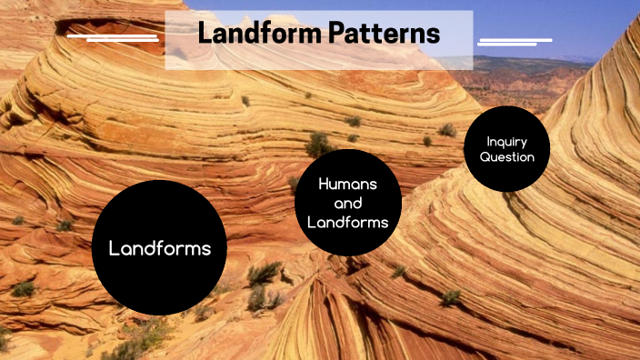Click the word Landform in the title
(251, 35)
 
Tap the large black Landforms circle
(159, 247)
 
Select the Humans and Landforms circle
(347, 203)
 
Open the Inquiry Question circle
(507, 149)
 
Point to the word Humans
(347, 185)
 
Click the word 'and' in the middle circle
(347, 203)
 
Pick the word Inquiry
(507, 141)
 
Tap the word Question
(507, 157)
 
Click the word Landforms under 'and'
(347, 222)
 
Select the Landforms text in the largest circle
(159, 247)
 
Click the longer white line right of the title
(515, 39)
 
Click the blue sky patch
(545, 23)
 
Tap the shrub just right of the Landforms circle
(264, 273)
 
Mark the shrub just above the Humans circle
(318, 144)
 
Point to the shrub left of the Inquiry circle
(447, 130)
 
